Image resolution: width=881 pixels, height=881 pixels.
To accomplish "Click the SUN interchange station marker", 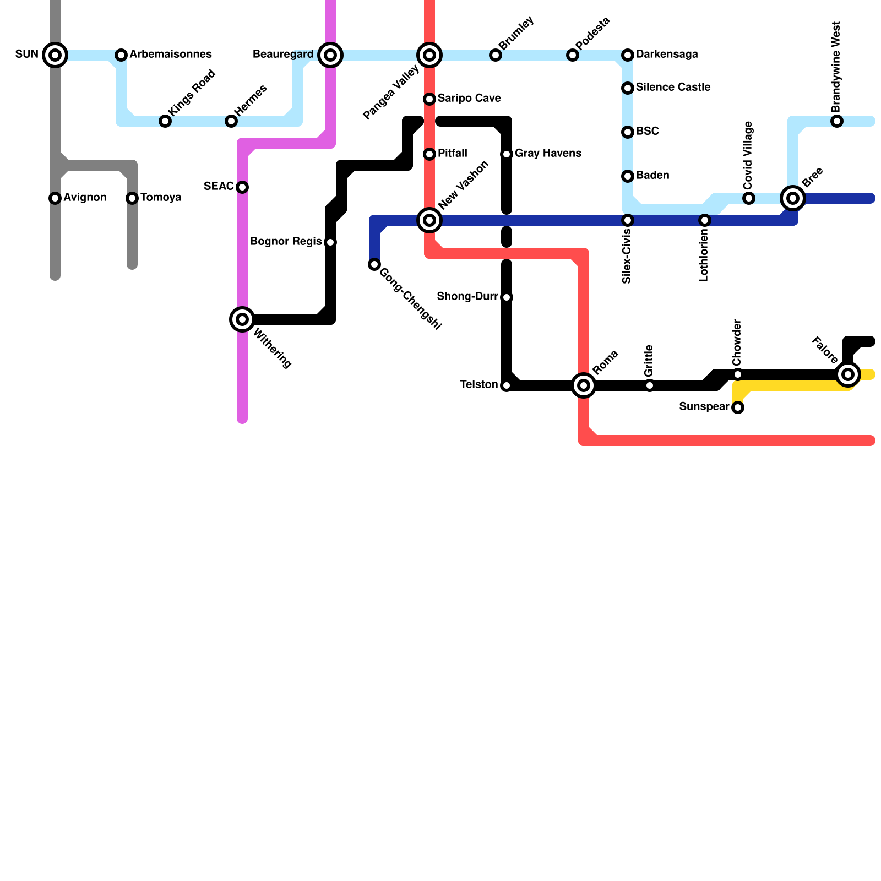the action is coord(55,55).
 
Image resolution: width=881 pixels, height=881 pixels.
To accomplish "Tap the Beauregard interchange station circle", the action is coord(330,55).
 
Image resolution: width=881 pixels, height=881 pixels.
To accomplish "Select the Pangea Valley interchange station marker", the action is coord(429,55).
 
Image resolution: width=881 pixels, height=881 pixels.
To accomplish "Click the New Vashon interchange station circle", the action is coord(429,220).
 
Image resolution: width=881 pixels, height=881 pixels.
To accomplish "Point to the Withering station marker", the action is coord(242,319).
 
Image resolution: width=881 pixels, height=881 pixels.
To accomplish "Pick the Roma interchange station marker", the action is coord(584,385).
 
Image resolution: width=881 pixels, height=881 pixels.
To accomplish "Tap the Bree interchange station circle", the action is coord(793,198).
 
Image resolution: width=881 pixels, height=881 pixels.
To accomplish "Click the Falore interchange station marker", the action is coord(848,374).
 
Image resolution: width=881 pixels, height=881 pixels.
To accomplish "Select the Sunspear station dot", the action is coord(738,407).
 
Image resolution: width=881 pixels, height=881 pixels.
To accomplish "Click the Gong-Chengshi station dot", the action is coord(374,264).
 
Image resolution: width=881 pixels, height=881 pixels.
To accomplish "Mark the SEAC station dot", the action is coord(242,187).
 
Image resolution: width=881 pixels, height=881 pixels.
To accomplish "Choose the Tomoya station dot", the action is coord(132,198).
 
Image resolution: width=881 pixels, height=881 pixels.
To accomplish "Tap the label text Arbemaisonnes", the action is coord(171,55).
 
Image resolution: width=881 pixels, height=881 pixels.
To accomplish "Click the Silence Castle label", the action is coord(673,88).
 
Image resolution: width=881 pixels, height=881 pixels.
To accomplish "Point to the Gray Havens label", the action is coord(548,154).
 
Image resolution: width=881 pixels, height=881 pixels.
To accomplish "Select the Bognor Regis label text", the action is coord(286,242).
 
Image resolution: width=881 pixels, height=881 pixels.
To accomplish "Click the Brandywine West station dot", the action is coord(837,121).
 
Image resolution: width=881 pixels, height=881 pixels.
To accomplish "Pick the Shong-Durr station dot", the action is coord(507,297).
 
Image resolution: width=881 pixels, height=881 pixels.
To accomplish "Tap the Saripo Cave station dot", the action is coord(429,99).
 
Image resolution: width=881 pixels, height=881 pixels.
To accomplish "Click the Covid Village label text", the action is coord(747,155).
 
